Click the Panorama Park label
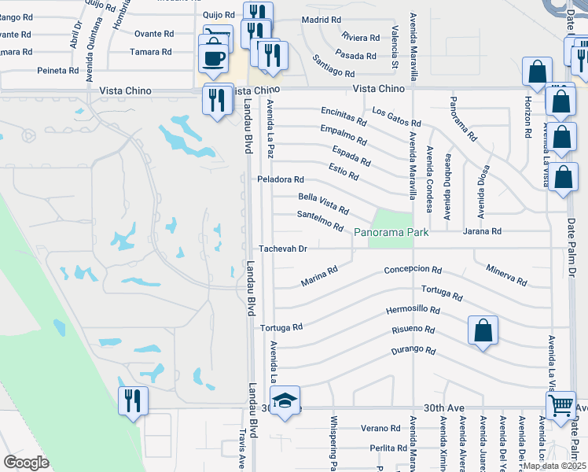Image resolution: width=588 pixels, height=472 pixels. (391, 233)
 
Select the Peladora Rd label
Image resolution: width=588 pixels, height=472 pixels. (281, 179)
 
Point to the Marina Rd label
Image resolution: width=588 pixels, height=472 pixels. (319, 276)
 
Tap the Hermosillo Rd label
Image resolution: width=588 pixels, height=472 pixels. (413, 310)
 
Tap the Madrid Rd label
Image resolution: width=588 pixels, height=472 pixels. (318, 20)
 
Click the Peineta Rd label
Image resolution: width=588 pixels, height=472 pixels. (58, 70)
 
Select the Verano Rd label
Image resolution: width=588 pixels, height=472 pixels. (381, 428)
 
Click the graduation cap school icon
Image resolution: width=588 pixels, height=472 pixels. (287, 400)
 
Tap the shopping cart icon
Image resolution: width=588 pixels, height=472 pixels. (560, 406)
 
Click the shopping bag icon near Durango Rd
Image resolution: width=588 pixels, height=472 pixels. (483, 330)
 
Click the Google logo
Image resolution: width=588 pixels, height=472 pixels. (26, 463)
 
